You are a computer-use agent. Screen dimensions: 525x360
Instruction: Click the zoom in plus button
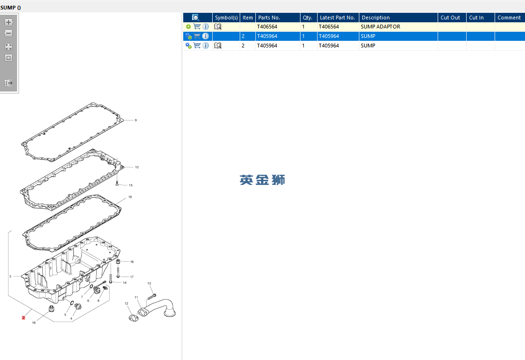coord(9,22)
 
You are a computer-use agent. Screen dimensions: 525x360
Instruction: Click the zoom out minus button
coord(9,33)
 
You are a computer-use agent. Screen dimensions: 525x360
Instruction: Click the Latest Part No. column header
coord(338,18)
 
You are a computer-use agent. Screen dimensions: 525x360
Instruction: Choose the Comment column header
coord(509,18)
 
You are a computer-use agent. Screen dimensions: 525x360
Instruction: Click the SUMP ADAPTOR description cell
coord(380,27)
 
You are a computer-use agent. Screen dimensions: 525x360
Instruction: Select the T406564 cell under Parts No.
coord(267,27)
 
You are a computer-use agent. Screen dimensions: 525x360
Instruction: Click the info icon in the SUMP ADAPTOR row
coord(206,27)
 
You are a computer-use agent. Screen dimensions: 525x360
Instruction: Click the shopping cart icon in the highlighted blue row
coord(197,36)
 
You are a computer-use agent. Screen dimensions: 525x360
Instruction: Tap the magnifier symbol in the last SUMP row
coord(217,46)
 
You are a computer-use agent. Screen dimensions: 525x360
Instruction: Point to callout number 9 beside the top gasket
coord(136,120)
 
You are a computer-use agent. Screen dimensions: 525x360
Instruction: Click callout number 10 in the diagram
coord(137,167)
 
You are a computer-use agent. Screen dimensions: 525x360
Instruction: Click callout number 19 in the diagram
coord(130,197)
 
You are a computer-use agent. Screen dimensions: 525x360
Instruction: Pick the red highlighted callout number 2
coord(23,317)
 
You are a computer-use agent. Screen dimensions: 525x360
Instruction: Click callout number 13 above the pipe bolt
coord(149,283)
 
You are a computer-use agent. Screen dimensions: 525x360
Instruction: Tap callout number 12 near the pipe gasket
coord(126,304)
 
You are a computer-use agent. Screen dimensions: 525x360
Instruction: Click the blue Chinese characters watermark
coord(262,180)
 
